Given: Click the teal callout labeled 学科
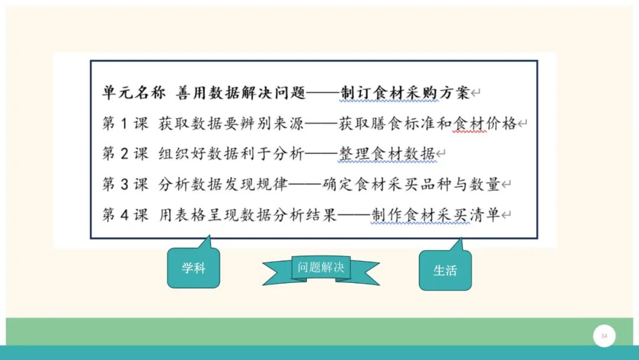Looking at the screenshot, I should pyautogui.click(x=193, y=268).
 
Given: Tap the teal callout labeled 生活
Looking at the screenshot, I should pyautogui.click(x=445, y=271).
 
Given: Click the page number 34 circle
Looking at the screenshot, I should pyautogui.click(x=604, y=336).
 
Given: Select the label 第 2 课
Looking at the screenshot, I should pyautogui.click(x=125, y=154).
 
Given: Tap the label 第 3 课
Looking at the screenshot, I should pyautogui.click(x=125, y=184).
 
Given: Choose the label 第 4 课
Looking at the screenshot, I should pyautogui.click(x=125, y=215).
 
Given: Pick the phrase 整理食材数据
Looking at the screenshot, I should pyautogui.click(x=387, y=154).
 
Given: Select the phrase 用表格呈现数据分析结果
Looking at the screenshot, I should pyautogui.click(x=247, y=215).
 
